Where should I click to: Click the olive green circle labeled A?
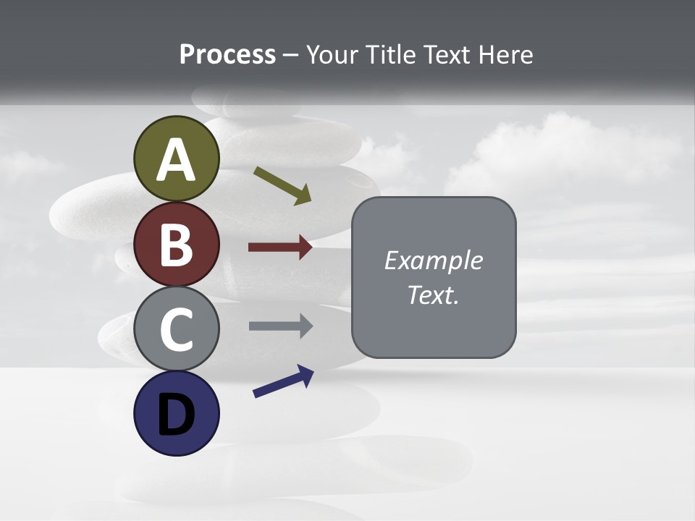tap(177, 159)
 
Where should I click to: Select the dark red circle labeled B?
tap(177, 245)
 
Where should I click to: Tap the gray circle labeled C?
tap(177, 329)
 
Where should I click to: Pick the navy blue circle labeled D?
tap(177, 413)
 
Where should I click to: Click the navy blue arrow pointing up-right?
tap(283, 381)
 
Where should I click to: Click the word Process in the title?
tap(227, 55)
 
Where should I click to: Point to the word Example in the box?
tap(433, 260)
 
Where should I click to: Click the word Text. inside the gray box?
tap(433, 295)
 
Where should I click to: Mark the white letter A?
tap(177, 161)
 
